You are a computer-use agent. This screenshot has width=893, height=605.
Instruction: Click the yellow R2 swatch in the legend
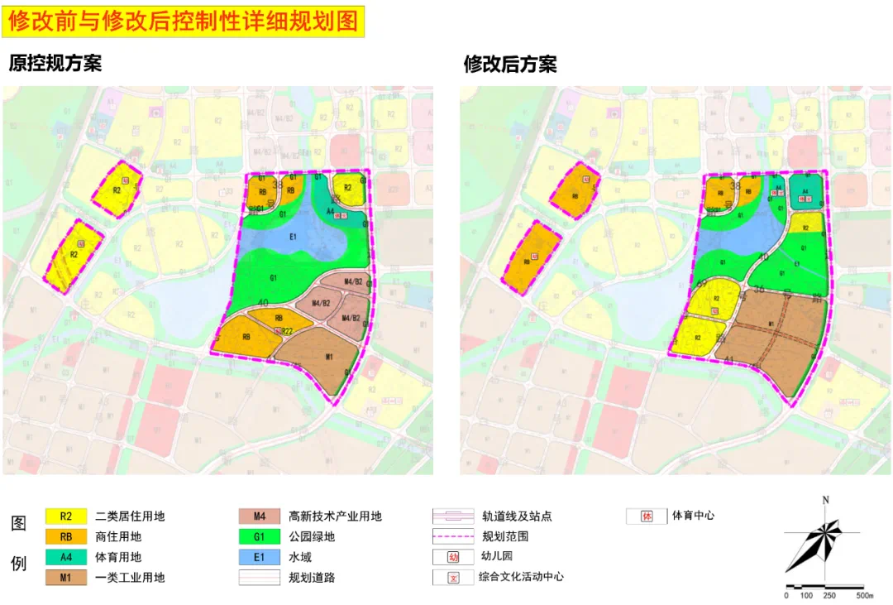(x=67, y=516)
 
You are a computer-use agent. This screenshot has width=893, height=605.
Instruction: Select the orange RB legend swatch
(x=67, y=536)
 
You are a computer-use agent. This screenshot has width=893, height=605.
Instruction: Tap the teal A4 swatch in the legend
(x=67, y=557)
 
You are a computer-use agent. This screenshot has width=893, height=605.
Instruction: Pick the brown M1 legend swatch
(x=67, y=577)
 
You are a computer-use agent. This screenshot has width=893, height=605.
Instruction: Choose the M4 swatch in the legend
(x=260, y=516)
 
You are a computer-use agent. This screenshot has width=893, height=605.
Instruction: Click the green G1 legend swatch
(x=260, y=536)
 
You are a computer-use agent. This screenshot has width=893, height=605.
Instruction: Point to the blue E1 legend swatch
(x=260, y=557)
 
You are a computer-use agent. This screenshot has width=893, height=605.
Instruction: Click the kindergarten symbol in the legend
(x=453, y=557)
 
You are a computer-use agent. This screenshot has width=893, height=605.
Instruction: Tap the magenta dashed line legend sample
(x=453, y=536)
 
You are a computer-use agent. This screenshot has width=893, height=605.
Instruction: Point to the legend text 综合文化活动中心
(x=521, y=577)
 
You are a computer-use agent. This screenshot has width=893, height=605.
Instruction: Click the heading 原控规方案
(x=55, y=64)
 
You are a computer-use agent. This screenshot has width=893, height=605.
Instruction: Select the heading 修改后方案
(x=510, y=64)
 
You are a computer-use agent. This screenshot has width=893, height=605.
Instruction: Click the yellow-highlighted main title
(x=184, y=22)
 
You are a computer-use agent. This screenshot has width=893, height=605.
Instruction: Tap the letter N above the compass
(x=825, y=500)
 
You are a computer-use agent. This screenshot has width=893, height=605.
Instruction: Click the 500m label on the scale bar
(x=864, y=596)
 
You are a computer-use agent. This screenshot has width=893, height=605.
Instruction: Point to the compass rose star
(x=814, y=542)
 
